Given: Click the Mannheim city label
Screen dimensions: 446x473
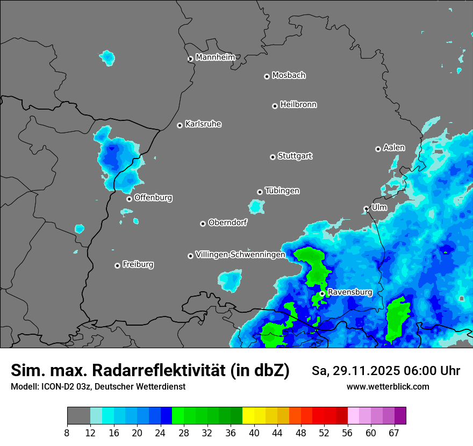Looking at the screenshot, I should (x=215, y=57).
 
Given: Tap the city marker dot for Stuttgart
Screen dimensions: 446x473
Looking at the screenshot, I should (x=273, y=157).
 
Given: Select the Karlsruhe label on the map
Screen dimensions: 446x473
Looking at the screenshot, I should (x=203, y=124).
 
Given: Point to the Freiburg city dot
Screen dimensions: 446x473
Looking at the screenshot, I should (x=117, y=265).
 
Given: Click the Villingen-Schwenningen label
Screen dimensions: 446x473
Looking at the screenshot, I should (x=240, y=255).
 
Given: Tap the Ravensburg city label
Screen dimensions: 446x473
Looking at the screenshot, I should (x=350, y=292).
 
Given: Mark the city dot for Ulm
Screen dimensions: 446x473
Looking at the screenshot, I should (x=366, y=208).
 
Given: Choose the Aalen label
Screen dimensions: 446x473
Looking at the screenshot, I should (x=394, y=148).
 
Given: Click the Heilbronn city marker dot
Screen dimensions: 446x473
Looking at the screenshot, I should (x=275, y=106).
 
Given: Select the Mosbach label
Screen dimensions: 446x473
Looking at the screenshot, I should (x=289, y=75).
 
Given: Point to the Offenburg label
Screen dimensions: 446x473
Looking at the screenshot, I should (x=153, y=198).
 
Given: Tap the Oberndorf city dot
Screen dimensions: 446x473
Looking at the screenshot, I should (x=203, y=224).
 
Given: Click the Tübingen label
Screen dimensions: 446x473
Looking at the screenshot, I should (x=282, y=191).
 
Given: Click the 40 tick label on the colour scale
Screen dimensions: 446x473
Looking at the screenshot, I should (x=254, y=433).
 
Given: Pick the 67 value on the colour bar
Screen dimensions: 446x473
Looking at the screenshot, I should (x=394, y=433).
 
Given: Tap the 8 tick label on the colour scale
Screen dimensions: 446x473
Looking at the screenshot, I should (x=67, y=433).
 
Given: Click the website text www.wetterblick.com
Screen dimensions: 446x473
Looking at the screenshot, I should (x=388, y=387).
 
